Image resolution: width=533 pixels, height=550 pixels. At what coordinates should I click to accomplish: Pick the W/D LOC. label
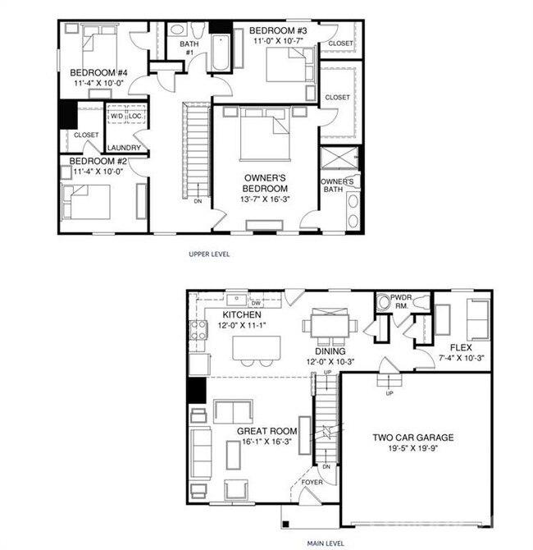[x=127, y=116]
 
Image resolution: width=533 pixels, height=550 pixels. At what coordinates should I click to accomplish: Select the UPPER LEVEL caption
[x=209, y=254]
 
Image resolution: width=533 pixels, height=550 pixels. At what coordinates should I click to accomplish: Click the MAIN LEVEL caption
[x=325, y=543]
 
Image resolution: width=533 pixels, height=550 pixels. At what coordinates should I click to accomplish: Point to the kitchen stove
[x=198, y=331]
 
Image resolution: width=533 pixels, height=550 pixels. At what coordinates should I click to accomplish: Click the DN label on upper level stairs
[x=197, y=200]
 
